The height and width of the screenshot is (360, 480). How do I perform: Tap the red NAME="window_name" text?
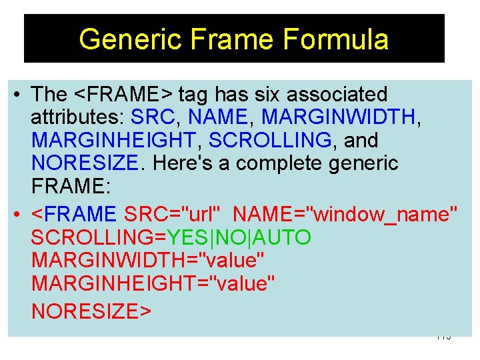tap(346, 215)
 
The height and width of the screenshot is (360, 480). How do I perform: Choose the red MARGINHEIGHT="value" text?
tap(153, 284)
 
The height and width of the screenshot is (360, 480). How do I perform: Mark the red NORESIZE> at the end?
tap(91, 311)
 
